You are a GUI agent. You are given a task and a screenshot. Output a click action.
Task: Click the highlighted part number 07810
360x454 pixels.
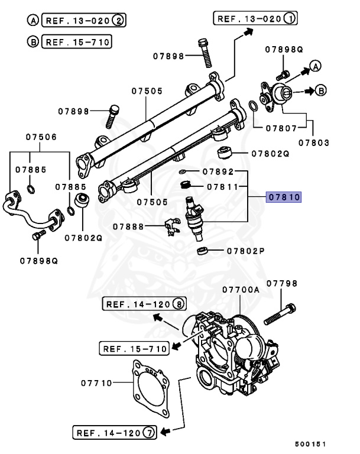pyautogui.click(x=284, y=197)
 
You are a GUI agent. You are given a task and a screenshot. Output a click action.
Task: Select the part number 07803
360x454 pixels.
pyautogui.click(x=313, y=142)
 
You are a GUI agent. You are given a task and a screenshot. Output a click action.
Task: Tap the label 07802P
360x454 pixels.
pyautogui.click(x=245, y=251)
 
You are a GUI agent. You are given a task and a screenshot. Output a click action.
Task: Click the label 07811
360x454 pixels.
pyautogui.click(x=223, y=187)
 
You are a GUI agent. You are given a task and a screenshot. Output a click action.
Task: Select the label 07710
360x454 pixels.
pyautogui.click(x=97, y=383)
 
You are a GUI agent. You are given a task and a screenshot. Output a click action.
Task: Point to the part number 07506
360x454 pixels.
pyautogui.click(x=41, y=137)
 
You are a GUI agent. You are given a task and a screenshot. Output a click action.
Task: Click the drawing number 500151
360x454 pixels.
pyautogui.click(x=311, y=444)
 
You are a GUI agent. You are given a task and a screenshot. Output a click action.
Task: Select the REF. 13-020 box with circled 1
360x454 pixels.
pyautogui.click(x=256, y=18)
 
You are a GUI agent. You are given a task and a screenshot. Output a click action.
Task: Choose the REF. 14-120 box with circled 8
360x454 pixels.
pyautogui.click(x=145, y=304)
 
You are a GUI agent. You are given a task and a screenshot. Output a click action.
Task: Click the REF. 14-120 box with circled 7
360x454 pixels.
pyautogui.click(x=114, y=433)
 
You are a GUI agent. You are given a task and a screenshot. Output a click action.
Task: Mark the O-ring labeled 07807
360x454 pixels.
pyautogui.click(x=252, y=106)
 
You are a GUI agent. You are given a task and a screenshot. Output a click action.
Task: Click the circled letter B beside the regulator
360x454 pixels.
pyautogui.click(x=320, y=90)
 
